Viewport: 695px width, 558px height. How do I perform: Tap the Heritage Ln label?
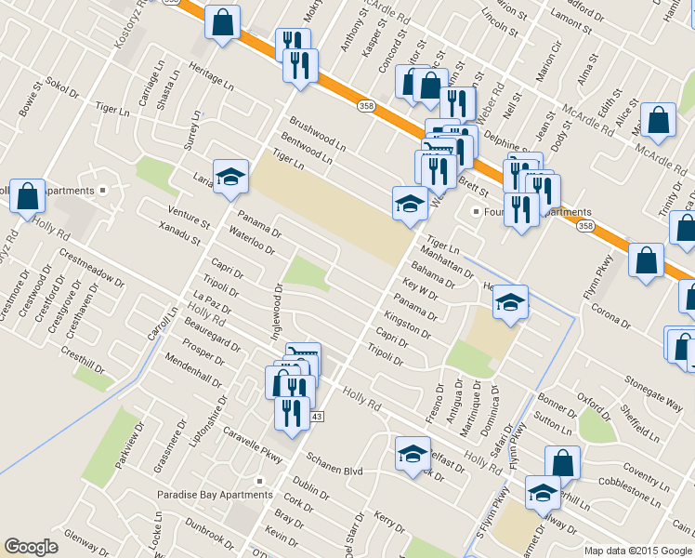tap(211, 78)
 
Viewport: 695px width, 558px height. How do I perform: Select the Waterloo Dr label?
tap(252, 241)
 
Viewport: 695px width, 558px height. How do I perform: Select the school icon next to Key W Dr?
tap(509, 301)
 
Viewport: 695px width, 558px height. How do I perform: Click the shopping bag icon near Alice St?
tap(658, 120)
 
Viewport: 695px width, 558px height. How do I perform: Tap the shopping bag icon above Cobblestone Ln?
tap(562, 463)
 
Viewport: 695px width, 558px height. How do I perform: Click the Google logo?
tap(32, 547)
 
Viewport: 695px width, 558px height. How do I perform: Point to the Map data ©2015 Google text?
tap(637, 551)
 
